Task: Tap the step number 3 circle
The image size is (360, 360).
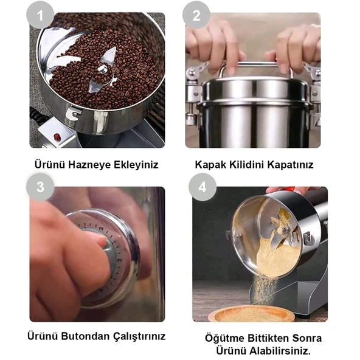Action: (x=40, y=188)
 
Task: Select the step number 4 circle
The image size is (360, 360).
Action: (x=202, y=188)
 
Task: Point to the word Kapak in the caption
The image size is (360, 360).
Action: (x=209, y=164)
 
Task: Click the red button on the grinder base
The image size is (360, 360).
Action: (x=57, y=137)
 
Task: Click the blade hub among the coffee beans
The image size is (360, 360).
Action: (x=103, y=71)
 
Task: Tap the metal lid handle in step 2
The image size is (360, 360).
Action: (x=255, y=65)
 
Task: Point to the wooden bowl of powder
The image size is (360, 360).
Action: (x=251, y=313)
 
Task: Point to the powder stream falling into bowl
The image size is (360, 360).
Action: (x=260, y=286)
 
